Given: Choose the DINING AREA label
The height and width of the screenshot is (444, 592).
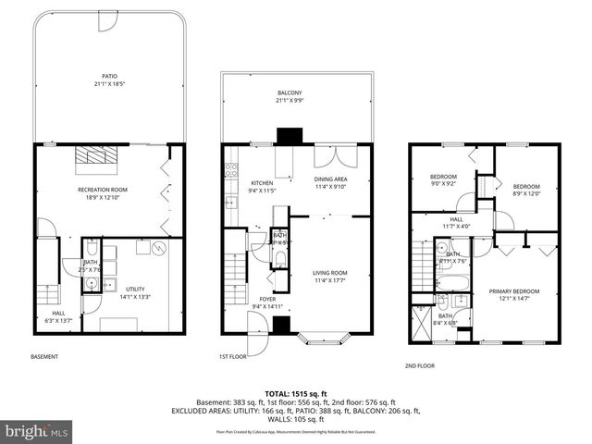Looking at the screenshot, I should pos(331,182).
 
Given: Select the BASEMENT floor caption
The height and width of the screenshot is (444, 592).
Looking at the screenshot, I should pos(44,357).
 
